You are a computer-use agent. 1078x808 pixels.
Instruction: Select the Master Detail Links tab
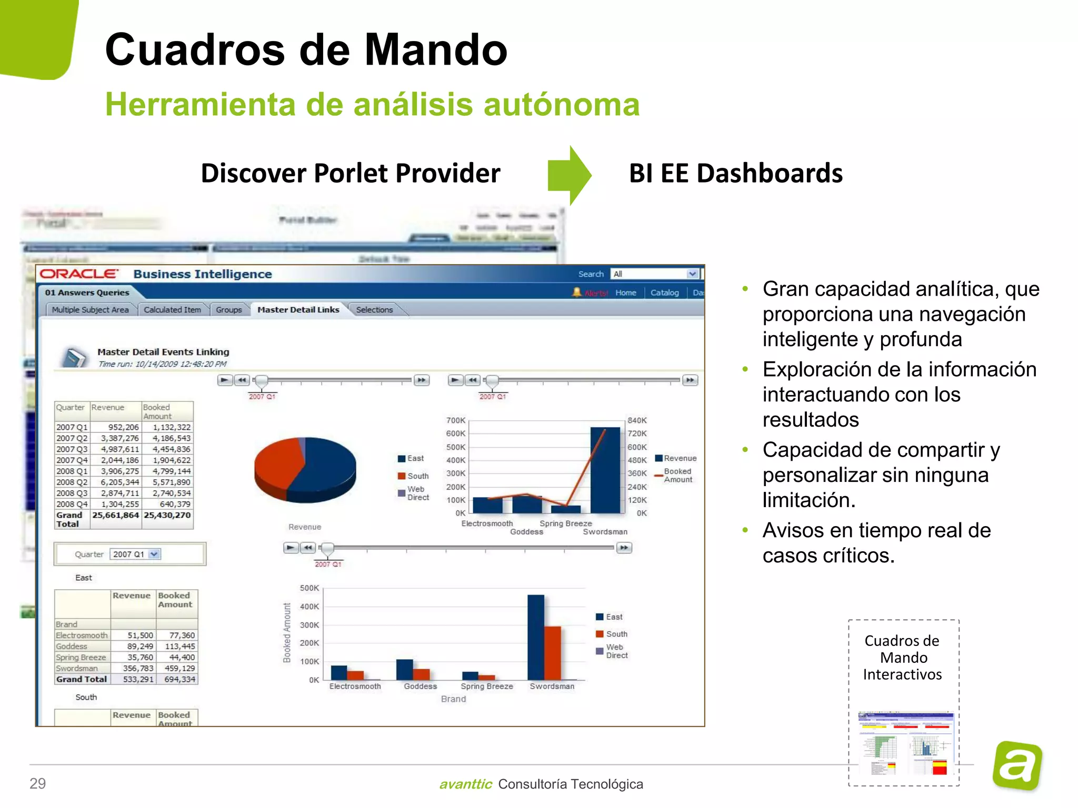[x=298, y=310]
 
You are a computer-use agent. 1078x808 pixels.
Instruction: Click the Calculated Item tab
[x=172, y=310]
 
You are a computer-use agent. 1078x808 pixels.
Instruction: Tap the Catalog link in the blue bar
[x=664, y=292]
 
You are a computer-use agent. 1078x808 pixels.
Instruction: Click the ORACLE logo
[x=79, y=274]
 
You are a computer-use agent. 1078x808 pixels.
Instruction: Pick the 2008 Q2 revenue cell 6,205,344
[x=120, y=482]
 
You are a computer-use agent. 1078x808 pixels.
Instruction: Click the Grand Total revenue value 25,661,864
[x=115, y=516]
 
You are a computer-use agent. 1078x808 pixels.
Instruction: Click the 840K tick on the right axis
[x=637, y=420]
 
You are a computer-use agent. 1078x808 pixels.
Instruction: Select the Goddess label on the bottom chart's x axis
[x=420, y=686]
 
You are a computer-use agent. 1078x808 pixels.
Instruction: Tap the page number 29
[x=38, y=784]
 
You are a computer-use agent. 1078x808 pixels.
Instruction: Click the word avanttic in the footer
[x=465, y=784]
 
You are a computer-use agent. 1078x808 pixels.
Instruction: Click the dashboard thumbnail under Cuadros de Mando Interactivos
[x=904, y=743]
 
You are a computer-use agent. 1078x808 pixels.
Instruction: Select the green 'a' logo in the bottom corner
[x=1017, y=765]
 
